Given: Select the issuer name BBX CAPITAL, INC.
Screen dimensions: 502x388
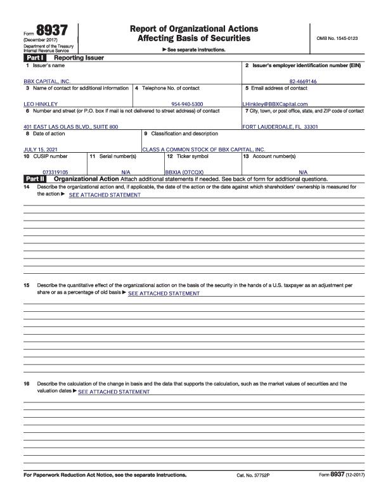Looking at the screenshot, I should pyautogui.click(x=47, y=82).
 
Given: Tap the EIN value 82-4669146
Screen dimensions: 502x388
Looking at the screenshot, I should pyautogui.click(x=302, y=82).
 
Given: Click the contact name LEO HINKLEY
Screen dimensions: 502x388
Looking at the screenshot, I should pyautogui.click(x=41, y=104).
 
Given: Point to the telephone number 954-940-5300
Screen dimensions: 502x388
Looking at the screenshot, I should pyautogui.click(x=187, y=104).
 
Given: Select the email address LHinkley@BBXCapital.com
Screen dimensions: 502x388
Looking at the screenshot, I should pyautogui.click(x=275, y=104).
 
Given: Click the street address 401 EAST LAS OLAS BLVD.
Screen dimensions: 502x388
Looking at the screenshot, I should pyautogui.click(x=70, y=127).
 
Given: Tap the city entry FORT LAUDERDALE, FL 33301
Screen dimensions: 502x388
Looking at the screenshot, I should pyautogui.click(x=280, y=127).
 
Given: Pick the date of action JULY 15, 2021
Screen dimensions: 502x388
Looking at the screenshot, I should pyautogui.click(x=41, y=150).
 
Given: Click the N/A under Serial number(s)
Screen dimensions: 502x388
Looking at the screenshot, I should pyautogui.click(x=126, y=172).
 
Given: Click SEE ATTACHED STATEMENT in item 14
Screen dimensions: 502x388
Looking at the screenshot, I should pyautogui.click(x=105, y=195).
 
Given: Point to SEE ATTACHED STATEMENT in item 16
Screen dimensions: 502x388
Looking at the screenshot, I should pyautogui.click(x=113, y=392).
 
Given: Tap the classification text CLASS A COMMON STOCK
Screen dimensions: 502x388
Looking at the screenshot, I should pyautogui.click(x=203, y=150).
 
